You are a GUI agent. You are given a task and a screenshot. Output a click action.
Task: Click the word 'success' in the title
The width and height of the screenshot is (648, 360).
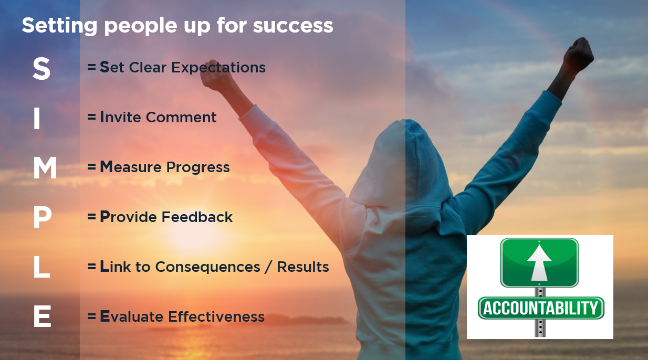[293, 26]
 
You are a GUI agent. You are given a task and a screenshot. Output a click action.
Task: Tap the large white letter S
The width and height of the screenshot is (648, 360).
[41, 68]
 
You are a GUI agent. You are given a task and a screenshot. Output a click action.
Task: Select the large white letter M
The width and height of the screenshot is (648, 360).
[45, 168]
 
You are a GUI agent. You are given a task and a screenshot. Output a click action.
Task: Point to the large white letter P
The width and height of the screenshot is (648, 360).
[42, 218]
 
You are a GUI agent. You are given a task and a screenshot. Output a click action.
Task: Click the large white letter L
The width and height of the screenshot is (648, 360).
[41, 268]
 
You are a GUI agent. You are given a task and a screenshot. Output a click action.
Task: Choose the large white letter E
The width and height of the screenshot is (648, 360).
[42, 316]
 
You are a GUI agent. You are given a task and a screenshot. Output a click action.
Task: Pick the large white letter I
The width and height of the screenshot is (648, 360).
[37, 118]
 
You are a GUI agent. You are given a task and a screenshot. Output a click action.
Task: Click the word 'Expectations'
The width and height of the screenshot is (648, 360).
[218, 68]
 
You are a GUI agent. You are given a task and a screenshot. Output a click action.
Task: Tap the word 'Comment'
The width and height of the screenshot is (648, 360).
[181, 118]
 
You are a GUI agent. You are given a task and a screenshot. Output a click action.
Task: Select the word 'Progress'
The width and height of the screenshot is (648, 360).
[198, 168]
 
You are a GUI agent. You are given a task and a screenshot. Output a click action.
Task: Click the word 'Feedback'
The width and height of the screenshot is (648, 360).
[197, 217]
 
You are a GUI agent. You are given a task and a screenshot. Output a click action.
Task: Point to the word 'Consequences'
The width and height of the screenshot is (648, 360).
[208, 267]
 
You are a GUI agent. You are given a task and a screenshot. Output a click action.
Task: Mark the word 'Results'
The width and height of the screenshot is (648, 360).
[303, 267]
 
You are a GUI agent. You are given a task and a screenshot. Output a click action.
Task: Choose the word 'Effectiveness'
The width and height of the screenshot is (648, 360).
[216, 316]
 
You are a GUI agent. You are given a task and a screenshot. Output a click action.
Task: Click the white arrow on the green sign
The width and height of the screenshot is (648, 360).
[539, 262]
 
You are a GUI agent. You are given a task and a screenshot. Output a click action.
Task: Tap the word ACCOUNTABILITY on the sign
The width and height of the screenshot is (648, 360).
[541, 308]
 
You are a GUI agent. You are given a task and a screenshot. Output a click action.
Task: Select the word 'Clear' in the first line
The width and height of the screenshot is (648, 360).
[148, 67]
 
